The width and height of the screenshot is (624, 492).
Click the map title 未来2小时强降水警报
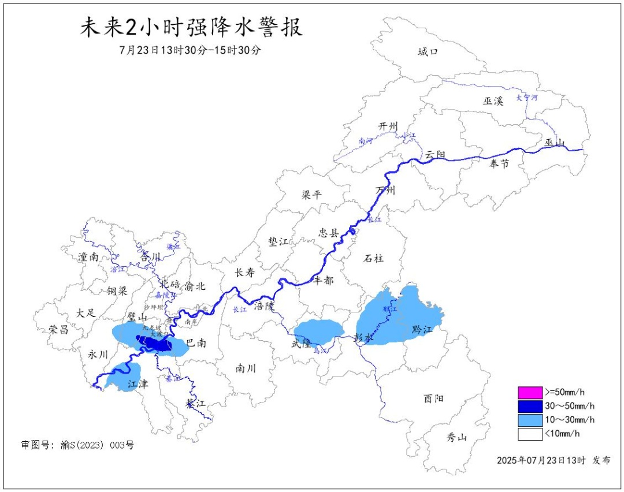pyautogui.click(x=191, y=28)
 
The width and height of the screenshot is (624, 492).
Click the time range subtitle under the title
pyautogui.click(x=191, y=50)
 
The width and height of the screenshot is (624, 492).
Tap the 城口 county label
pyautogui.click(x=428, y=52)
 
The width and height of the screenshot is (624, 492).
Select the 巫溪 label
pyautogui.click(x=493, y=100)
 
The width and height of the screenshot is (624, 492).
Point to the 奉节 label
pyautogui.click(x=499, y=163)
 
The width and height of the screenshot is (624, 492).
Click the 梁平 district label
pyautogui.click(x=311, y=195)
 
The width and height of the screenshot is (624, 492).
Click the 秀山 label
pyautogui.click(x=456, y=437)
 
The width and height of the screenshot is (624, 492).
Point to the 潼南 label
pyautogui.click(x=88, y=257)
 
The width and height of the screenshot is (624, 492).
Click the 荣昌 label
pyautogui.click(x=58, y=329)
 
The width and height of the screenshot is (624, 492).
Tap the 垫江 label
pyautogui.click(x=278, y=241)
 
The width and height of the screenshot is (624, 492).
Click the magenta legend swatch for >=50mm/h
pyautogui.click(x=530, y=392)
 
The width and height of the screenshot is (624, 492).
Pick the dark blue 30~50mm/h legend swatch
pyautogui.click(x=530, y=406)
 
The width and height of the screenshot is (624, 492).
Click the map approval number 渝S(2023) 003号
pyautogui.click(x=77, y=445)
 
